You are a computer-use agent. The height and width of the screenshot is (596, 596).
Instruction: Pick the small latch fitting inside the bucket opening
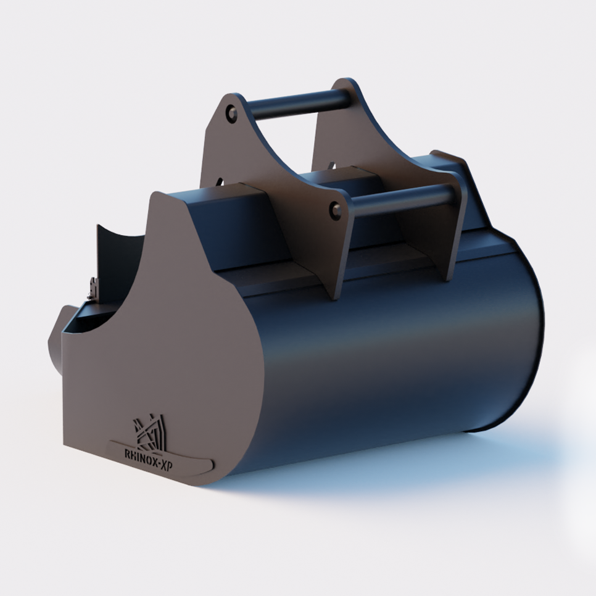coord(93,288)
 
